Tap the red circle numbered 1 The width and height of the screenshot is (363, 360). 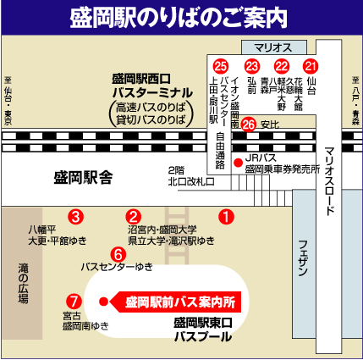[x=226, y=216]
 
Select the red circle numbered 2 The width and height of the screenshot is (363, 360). [x=134, y=216]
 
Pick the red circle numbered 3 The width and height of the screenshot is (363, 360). [x=76, y=216]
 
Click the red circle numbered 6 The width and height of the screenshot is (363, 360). [x=118, y=253]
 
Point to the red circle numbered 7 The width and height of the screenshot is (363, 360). [x=74, y=300]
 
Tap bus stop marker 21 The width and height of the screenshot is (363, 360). [x=311, y=65]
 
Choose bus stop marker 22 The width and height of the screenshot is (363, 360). [x=282, y=65]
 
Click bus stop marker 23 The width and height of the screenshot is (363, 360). [x=251, y=65]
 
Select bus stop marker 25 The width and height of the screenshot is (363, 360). [x=221, y=65]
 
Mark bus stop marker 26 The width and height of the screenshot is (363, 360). [x=248, y=124]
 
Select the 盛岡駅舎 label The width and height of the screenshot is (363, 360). [x=83, y=177]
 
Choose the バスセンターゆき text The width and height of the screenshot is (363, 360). [x=117, y=267]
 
